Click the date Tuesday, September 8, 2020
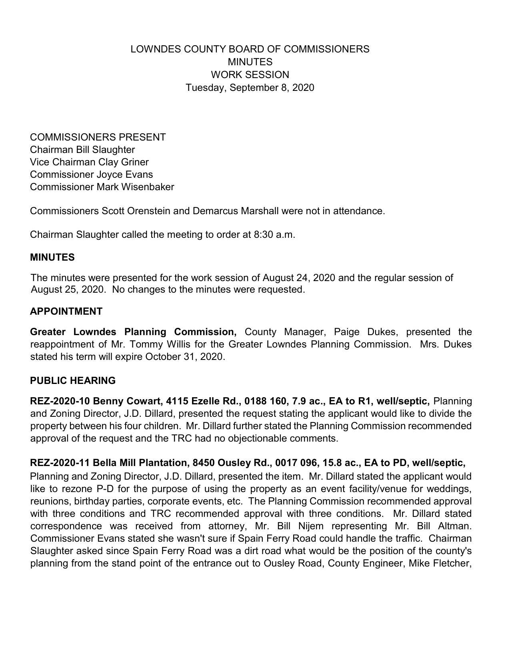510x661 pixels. [x=250, y=88]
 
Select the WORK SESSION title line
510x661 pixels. [x=250, y=75]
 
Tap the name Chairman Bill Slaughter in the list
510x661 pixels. [x=82, y=150]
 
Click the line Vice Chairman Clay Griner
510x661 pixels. [x=89, y=162]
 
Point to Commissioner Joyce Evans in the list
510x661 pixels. [x=91, y=175]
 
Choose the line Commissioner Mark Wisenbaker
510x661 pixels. [x=102, y=187]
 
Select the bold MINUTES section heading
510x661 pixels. [x=52, y=257]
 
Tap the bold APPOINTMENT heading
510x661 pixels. [x=66, y=311]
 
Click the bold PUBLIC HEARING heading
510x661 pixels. [x=73, y=381]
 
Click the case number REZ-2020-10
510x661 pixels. [x=60, y=401]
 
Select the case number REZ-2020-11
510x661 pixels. [x=60, y=463]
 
